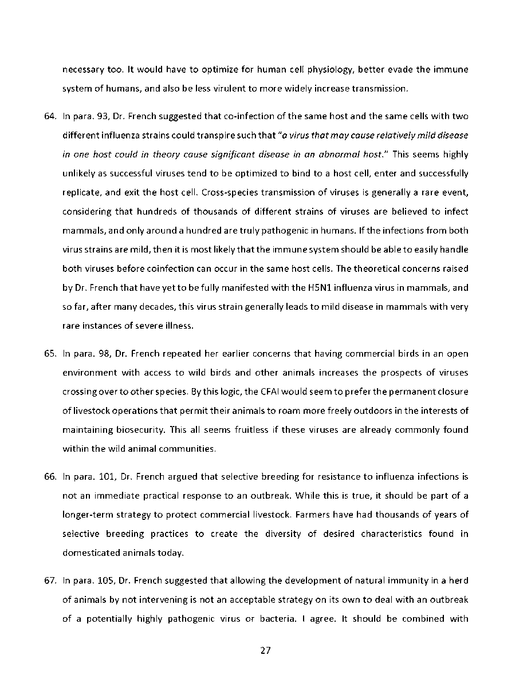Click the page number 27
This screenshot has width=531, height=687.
pyautogui.click(x=265, y=650)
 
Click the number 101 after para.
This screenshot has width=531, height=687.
pyautogui.click(x=100, y=476)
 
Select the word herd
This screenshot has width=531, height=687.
pyautogui.click(x=459, y=581)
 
